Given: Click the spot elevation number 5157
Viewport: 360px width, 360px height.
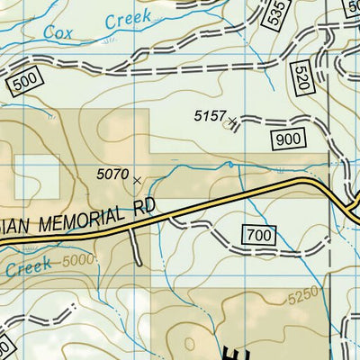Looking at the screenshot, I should [209, 115].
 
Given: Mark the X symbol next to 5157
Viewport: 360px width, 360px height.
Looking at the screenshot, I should [234, 120].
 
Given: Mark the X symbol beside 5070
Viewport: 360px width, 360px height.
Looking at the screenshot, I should [137, 180].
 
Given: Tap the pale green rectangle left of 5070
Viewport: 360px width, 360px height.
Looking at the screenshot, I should [37, 176].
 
